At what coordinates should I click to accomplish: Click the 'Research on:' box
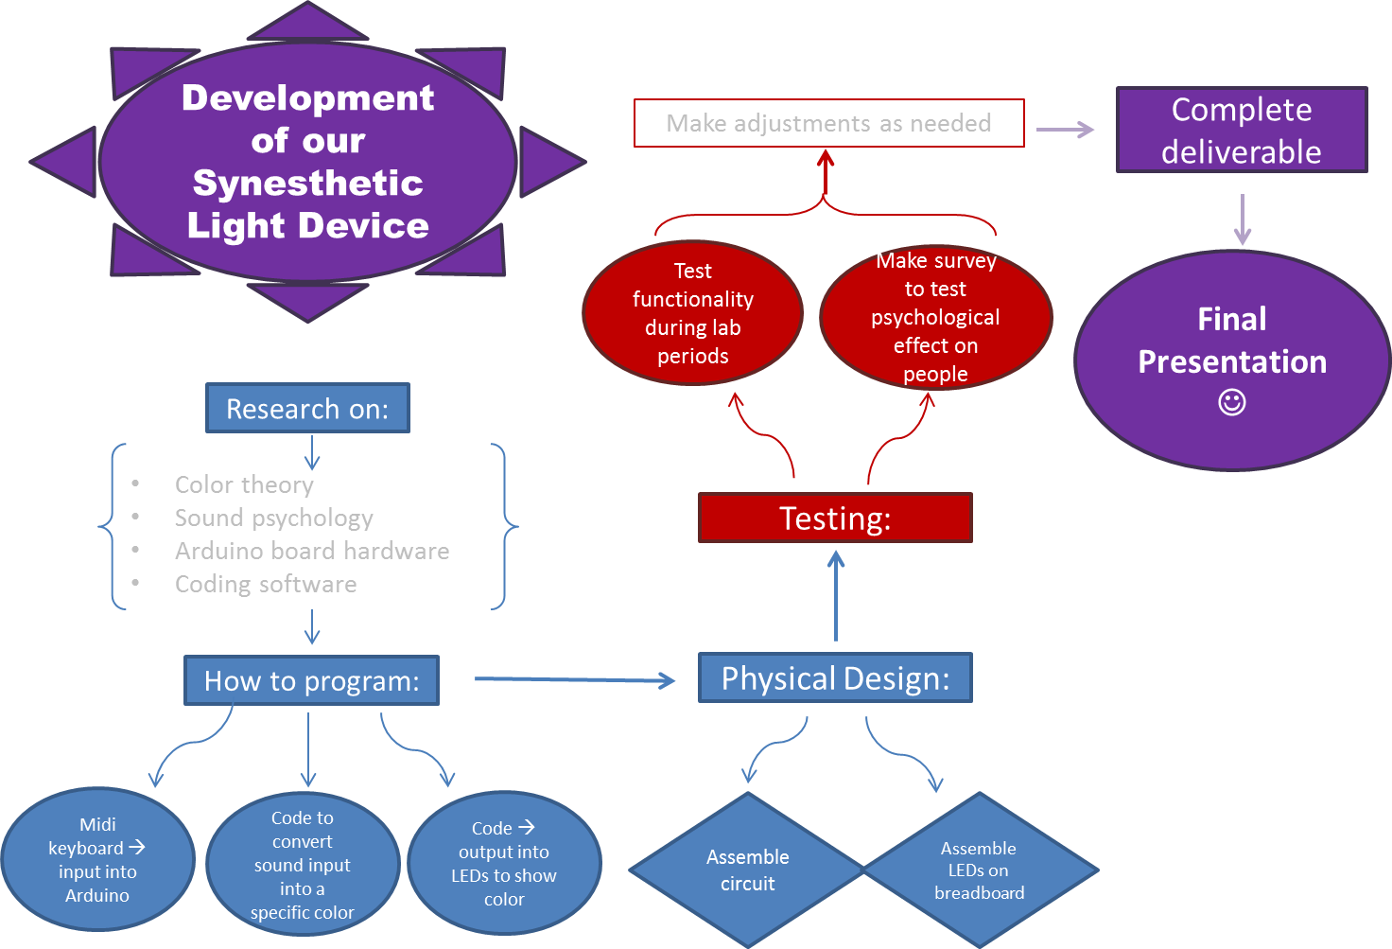click(x=307, y=409)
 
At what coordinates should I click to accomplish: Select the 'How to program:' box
click(x=311, y=681)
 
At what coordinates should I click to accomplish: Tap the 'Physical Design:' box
click(x=835, y=678)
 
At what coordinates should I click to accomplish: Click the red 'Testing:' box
click(x=835, y=518)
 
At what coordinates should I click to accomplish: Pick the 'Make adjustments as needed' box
click(x=828, y=124)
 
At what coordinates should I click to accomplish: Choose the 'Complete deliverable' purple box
click(x=1241, y=131)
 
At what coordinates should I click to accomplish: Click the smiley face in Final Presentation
click(x=1231, y=402)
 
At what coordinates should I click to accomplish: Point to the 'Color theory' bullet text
click(x=244, y=484)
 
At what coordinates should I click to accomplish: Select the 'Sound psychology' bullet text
click(x=273, y=518)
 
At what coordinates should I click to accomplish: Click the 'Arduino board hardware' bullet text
click(x=311, y=551)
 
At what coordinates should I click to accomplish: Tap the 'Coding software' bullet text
click(x=266, y=584)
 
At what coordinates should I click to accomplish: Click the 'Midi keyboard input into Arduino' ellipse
click(x=97, y=860)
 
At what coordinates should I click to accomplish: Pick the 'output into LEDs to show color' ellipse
click(x=504, y=864)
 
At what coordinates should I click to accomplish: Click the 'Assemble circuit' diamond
click(x=747, y=870)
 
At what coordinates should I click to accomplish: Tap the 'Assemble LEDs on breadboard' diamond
click(x=980, y=870)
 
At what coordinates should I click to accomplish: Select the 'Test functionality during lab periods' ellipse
click(x=692, y=313)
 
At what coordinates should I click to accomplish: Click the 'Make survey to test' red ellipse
click(x=935, y=317)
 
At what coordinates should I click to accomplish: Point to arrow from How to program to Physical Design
click(x=573, y=679)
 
